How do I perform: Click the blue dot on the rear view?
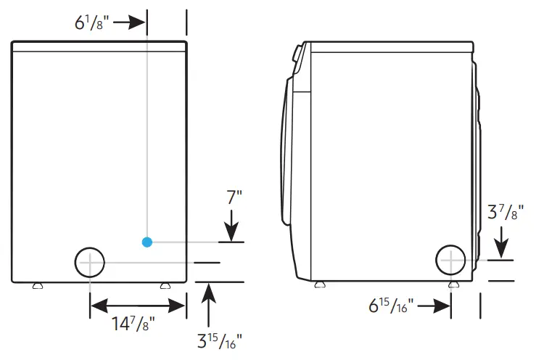[x=147, y=242]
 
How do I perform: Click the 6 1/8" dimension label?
[x=91, y=22]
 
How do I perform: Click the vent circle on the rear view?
[x=89, y=262]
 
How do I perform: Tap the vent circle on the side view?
[x=450, y=259]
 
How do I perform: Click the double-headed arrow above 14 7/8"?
[x=137, y=305]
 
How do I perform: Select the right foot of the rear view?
[x=165, y=286]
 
